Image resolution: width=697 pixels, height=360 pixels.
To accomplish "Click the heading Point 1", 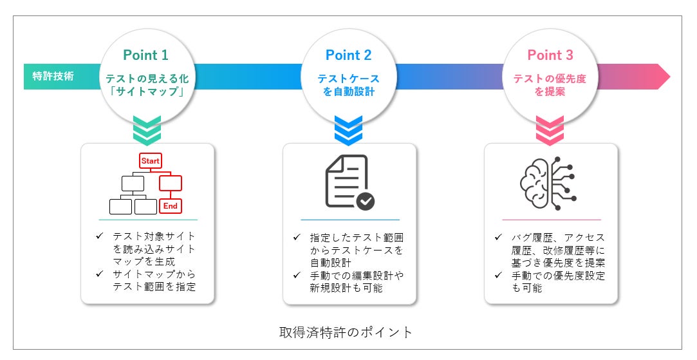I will tap(146, 55).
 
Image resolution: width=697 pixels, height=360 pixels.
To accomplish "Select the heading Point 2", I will tap(348, 55).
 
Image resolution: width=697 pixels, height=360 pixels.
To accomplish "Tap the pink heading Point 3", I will tap(550, 55).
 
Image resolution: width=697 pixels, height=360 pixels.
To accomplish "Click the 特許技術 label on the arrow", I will tap(53, 77).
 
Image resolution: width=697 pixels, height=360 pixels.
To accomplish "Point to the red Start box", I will tap(151, 160).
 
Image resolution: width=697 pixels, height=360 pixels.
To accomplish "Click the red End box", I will tap(170, 205).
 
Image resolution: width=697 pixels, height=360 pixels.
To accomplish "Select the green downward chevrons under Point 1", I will tap(146, 129).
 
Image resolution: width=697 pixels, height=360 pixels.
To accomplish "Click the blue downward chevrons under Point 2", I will tap(348, 129).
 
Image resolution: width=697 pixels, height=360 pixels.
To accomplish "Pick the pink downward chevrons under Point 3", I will tap(550, 129).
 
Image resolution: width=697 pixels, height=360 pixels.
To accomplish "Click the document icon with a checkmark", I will tap(348, 182).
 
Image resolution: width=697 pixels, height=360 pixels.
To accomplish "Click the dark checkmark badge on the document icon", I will tap(365, 201).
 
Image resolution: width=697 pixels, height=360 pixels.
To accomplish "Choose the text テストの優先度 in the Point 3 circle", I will tap(550, 78).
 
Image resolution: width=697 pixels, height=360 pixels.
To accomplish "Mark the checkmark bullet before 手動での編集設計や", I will tap(296, 275).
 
